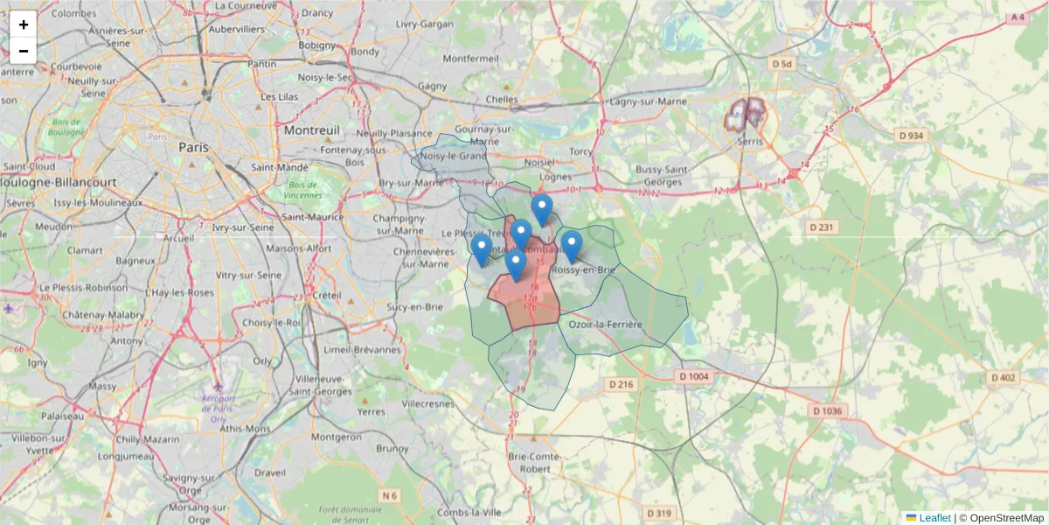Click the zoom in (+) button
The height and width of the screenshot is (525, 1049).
[24, 24]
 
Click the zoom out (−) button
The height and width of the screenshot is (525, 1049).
[24, 51]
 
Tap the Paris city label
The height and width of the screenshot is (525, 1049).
[193, 148]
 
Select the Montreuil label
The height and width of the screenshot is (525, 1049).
[311, 129]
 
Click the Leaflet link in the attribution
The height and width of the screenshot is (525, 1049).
[934, 518]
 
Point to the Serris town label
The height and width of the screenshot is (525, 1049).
[749, 141]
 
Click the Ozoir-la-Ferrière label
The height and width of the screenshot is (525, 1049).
[605, 325]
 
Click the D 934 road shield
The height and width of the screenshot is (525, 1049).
[911, 136]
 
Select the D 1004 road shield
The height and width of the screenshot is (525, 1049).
[694, 377]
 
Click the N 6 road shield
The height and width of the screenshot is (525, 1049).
[389, 496]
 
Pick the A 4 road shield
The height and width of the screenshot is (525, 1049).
[1016, 17]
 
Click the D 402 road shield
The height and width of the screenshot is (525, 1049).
[1003, 377]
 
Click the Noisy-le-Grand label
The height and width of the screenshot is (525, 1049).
[454, 157]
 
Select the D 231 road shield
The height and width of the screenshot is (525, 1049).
[823, 227]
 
